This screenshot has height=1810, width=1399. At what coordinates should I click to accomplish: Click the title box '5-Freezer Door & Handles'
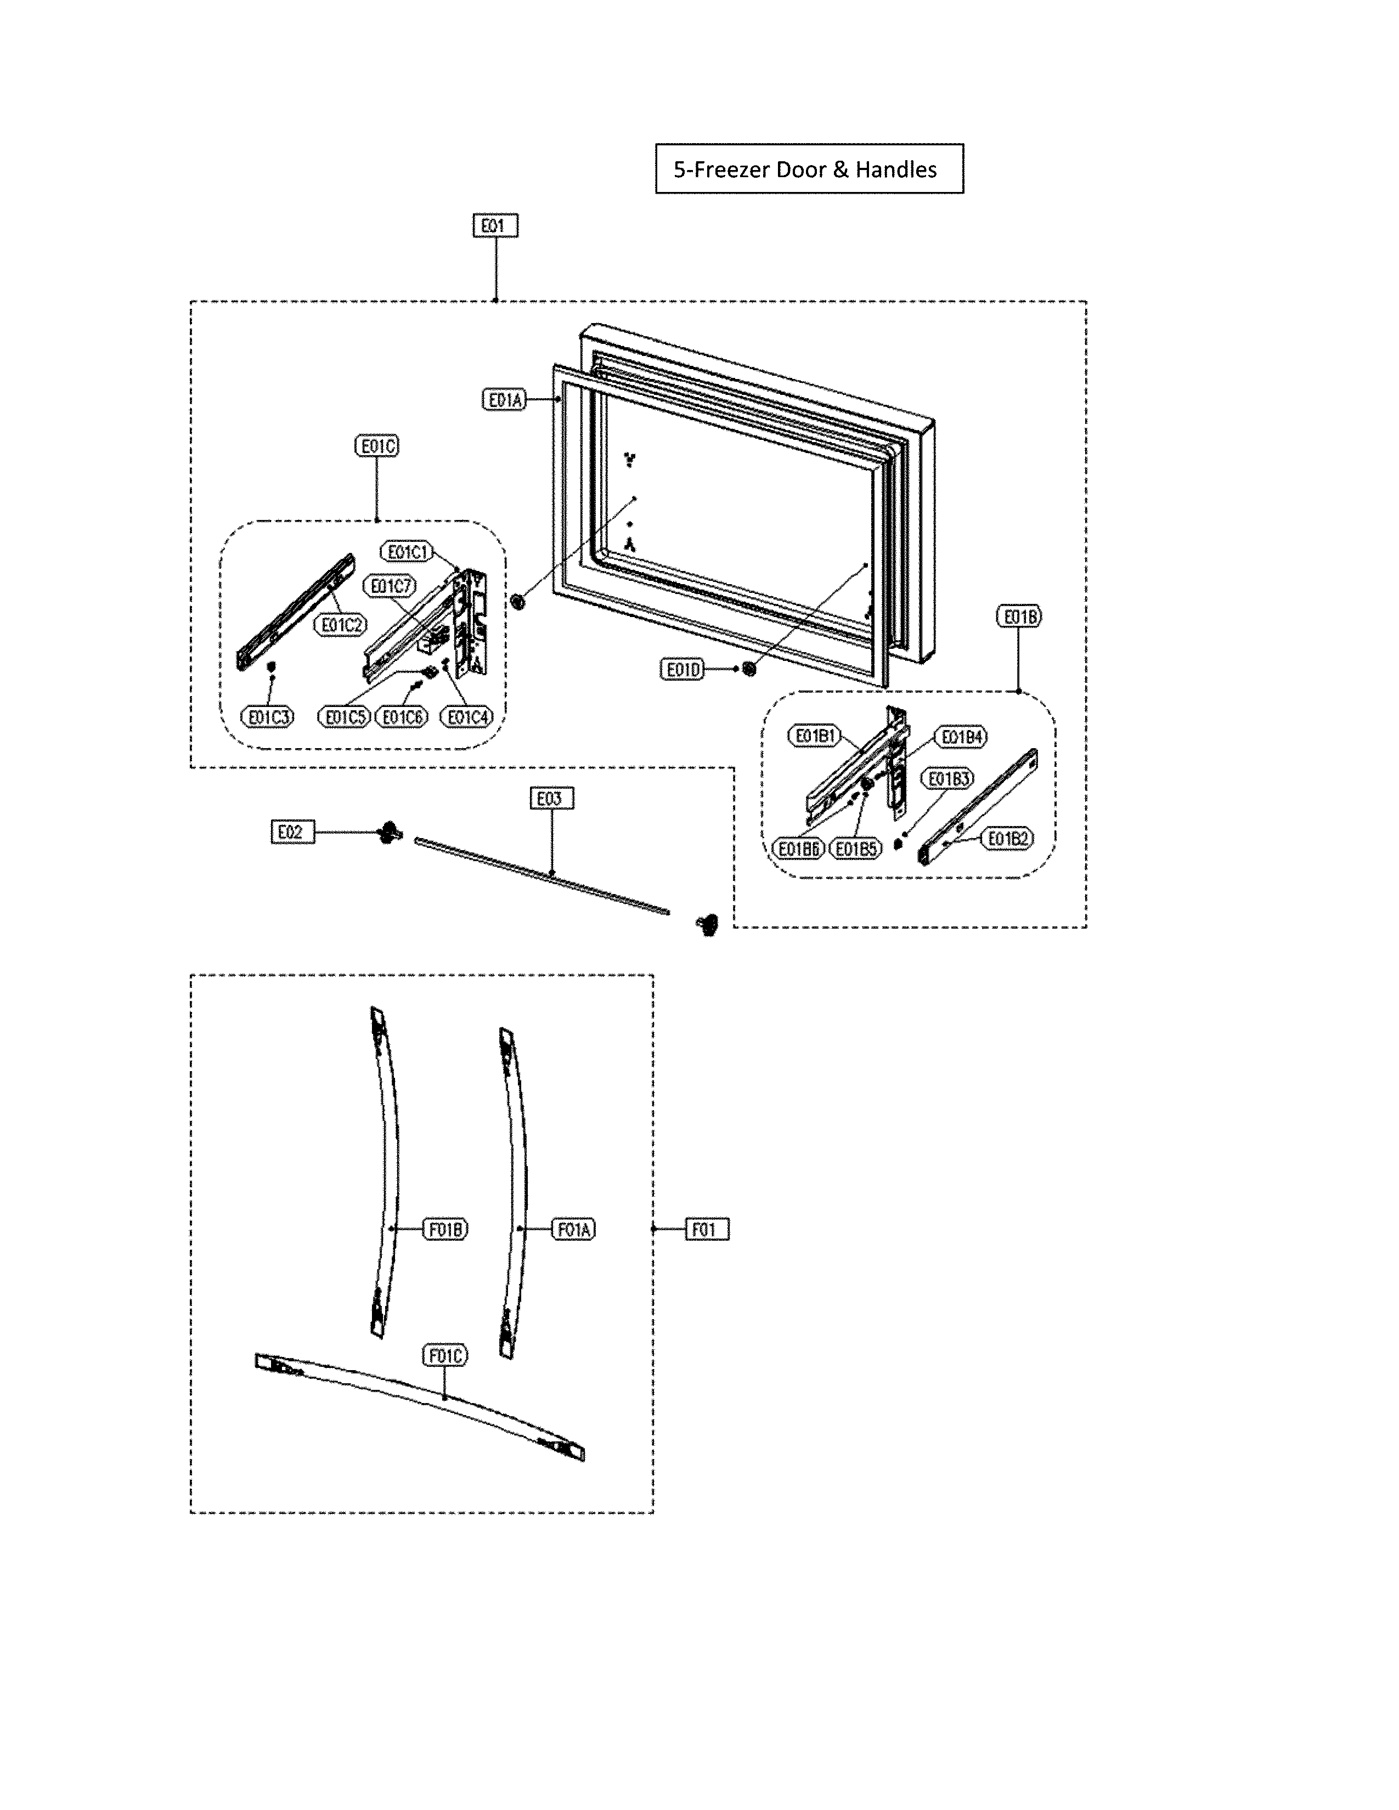pos(809,169)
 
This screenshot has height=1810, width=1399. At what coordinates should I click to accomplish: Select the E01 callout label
pos(495,226)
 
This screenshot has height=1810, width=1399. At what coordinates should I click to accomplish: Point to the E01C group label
pos(376,446)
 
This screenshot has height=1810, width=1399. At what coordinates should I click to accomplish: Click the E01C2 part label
pos(341,625)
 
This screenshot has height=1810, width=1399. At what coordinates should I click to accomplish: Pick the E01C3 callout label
pos(267,717)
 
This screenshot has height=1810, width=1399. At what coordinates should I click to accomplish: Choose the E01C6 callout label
pos(402,717)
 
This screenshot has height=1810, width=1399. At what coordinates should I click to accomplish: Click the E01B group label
pos(1019,616)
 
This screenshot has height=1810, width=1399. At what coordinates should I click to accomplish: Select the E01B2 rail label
pos(1008,839)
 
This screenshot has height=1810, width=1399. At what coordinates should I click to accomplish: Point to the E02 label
pos(292,832)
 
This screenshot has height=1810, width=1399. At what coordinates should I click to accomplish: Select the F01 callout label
pos(707,1229)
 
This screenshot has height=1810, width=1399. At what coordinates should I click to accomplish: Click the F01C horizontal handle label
pos(446,1356)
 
